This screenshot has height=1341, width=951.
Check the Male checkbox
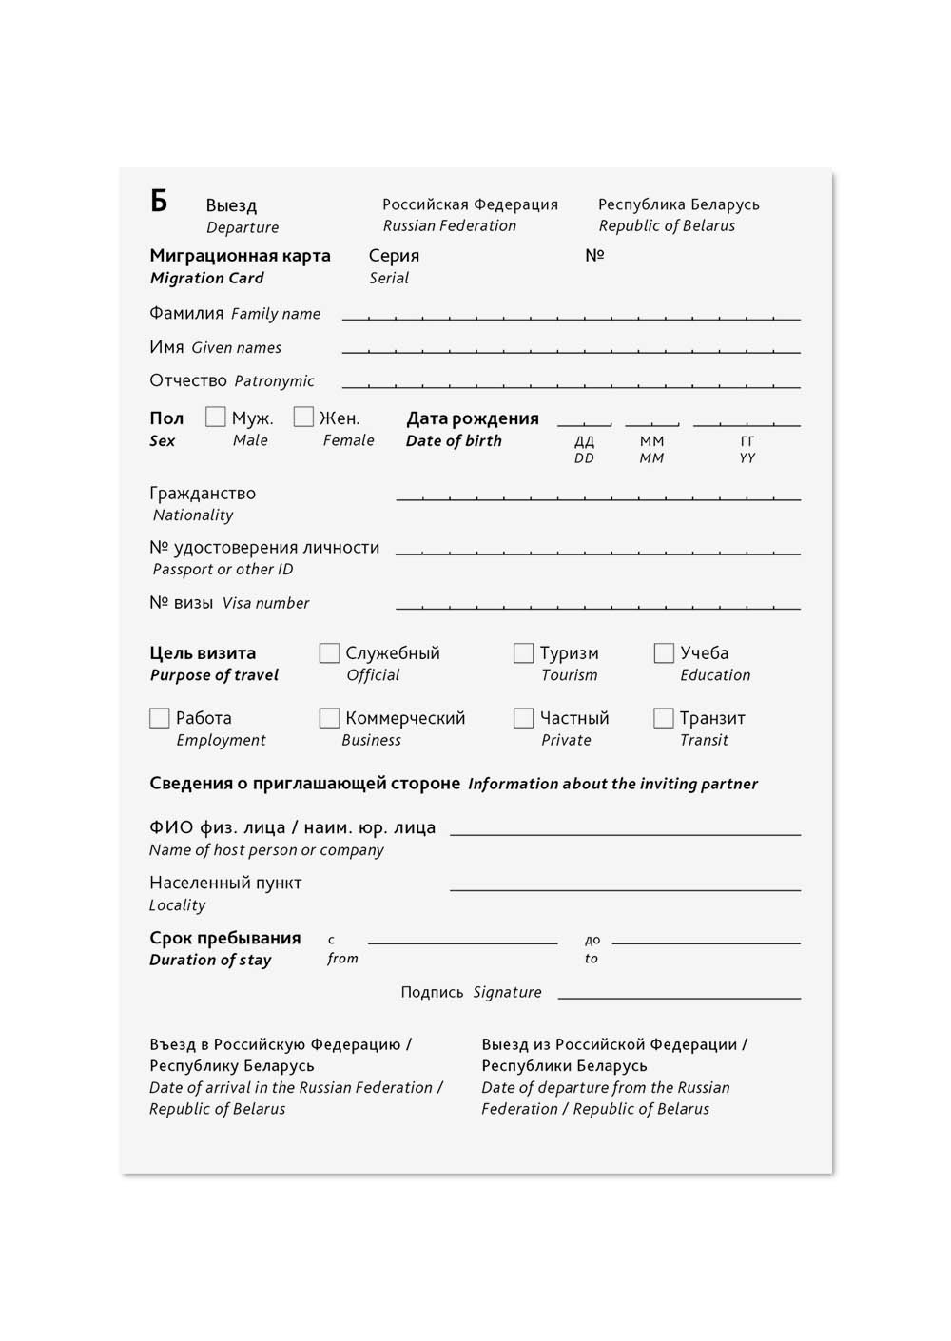[216, 418]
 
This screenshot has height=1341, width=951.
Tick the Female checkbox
[303, 418]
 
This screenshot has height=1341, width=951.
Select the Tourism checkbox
[523, 653]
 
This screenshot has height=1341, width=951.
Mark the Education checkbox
[664, 653]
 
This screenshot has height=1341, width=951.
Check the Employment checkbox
[160, 718]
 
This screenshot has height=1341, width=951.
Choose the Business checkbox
[329, 718]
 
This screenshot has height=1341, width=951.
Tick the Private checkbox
[523, 718]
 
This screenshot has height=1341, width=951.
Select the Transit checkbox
[664, 718]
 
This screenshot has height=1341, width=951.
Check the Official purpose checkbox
[329, 653]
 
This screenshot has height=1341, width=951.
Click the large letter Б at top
[159, 201]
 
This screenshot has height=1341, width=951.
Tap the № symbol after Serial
[594, 255]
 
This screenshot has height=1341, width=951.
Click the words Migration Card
[206, 278]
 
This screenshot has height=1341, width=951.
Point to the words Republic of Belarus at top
[667, 225]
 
